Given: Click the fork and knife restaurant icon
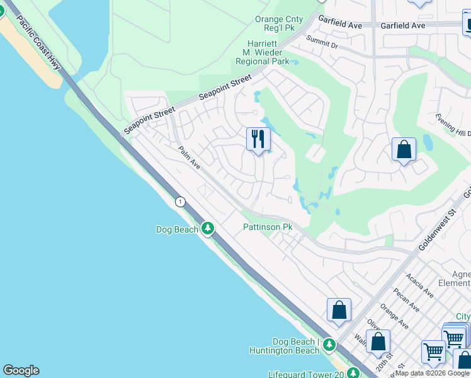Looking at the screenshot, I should [x=258, y=139].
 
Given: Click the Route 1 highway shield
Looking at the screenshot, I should [x=181, y=202].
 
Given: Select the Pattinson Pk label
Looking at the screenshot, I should [x=268, y=227].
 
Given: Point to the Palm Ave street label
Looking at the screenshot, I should [x=189, y=157].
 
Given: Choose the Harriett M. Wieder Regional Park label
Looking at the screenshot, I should [x=263, y=52].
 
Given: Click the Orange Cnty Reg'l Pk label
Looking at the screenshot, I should [x=279, y=23].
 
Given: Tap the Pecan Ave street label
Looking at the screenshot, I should [x=407, y=297].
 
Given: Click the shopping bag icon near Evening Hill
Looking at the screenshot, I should [x=404, y=150].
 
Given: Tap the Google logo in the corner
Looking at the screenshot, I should [x=21, y=370].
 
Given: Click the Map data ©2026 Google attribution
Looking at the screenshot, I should [x=433, y=373].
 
